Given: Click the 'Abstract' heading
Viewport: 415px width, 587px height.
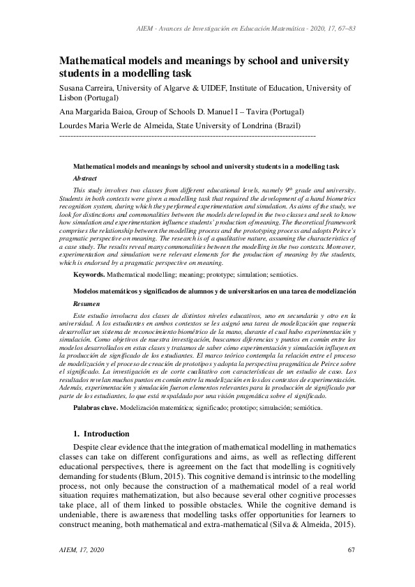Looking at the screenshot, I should (x=84, y=178).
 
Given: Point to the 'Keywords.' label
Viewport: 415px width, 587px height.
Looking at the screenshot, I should (x=89, y=275).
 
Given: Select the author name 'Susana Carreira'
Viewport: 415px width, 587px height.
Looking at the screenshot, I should (x=88, y=89).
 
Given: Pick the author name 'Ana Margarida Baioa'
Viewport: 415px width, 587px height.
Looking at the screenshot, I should (x=96, y=112).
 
